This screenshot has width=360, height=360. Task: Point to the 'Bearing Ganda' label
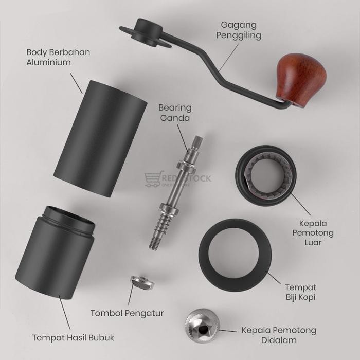(175, 113)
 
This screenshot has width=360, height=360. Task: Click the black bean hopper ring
(236, 255)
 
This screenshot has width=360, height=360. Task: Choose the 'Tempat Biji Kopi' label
(301, 292)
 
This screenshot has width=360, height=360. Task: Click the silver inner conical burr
(202, 326)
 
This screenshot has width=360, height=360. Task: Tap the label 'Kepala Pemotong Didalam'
(279, 335)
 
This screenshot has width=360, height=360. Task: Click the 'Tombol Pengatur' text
(127, 313)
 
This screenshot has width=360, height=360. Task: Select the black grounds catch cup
(57, 257)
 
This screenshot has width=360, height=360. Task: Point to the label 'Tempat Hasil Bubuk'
(73, 338)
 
